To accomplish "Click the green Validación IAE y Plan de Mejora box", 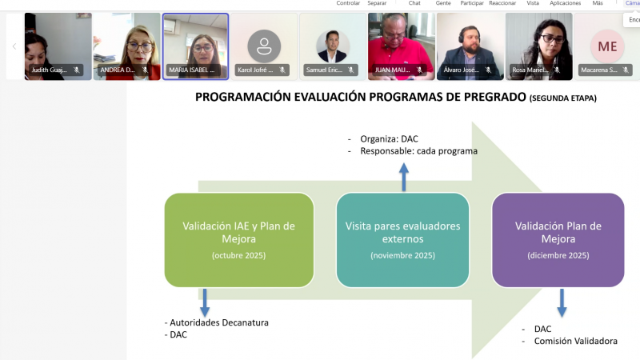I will [x=238, y=240].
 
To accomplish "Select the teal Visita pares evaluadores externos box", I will [x=402, y=240].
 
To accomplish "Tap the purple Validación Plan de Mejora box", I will [x=558, y=240].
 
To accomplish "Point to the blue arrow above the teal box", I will [x=404, y=178].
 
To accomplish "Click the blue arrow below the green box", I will [x=205, y=302].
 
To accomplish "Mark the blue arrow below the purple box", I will [x=562, y=302].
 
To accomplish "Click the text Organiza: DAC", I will [x=389, y=138].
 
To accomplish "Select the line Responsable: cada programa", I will [x=418, y=150].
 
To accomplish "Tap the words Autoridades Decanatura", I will [x=219, y=322].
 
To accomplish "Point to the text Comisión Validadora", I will [x=576, y=341].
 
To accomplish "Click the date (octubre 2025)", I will [x=238, y=255].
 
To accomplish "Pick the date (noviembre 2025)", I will [x=402, y=255].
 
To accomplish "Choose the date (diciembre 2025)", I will [x=558, y=255].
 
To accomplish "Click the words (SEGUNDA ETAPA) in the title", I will [x=562, y=98].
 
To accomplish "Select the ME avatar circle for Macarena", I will [x=607, y=46].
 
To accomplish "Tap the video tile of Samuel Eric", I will [x=332, y=46].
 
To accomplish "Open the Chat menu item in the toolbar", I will [x=414, y=3].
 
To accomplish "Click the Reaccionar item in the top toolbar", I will [x=502, y=3].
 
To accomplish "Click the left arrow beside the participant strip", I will [x=14, y=46].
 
